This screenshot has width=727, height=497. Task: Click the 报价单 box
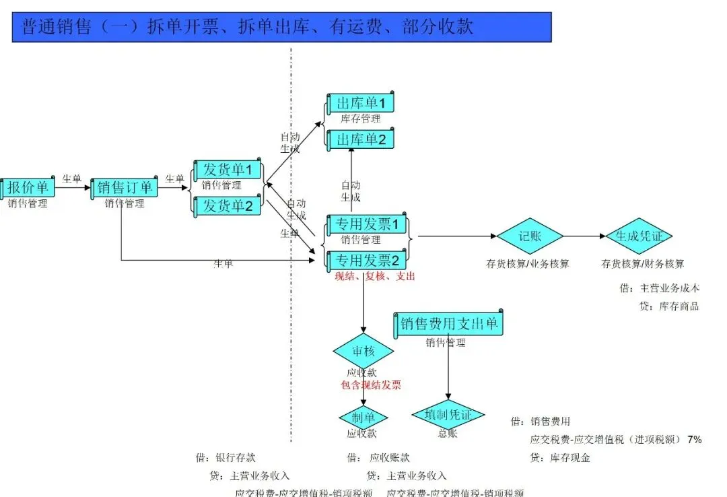26,188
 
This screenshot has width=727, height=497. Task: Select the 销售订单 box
125,188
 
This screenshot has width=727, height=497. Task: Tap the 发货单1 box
228,170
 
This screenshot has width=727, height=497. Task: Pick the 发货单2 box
228,206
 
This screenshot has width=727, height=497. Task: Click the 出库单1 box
360,103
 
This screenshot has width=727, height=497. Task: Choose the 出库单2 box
360,139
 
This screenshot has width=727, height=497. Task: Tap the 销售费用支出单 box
449,324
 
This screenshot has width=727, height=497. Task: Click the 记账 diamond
530,236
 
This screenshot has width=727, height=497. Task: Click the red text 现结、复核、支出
375,276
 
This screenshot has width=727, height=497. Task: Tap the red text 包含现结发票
371,385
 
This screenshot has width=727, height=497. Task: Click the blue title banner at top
281,27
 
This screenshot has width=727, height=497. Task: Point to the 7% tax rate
694,440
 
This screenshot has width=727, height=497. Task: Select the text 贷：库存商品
670,306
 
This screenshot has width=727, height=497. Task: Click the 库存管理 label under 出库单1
360,119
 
